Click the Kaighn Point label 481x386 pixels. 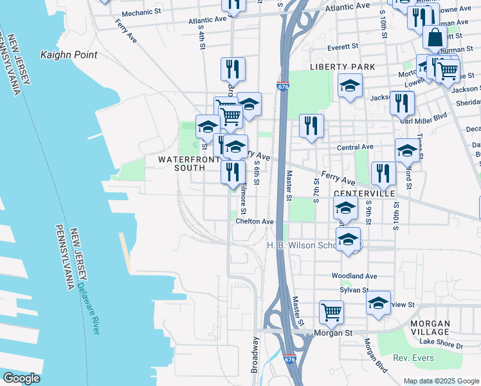[x=69, y=55]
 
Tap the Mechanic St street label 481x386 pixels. [x=141, y=13]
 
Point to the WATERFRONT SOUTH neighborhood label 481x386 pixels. [x=181, y=163]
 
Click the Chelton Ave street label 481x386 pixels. [x=255, y=221]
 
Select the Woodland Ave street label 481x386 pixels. [x=354, y=275]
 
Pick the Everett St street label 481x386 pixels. [x=342, y=47]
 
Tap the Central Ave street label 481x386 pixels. [x=356, y=147]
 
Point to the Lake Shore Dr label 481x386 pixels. [x=440, y=345]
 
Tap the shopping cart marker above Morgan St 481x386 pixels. [x=331, y=313]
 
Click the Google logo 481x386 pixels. [x=22, y=378]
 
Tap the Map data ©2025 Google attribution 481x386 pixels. [x=441, y=381]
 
